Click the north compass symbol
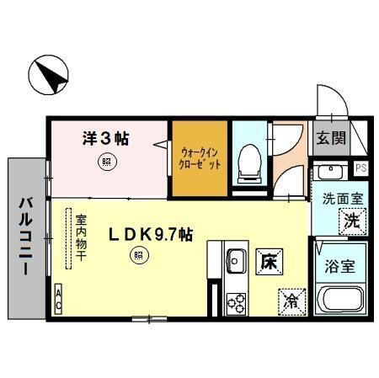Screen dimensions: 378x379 (48, 75)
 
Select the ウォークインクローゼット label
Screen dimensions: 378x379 (200, 159)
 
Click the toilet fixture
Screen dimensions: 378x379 (249, 162)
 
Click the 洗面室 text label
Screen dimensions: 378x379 (343, 200)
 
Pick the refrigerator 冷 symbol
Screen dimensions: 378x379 (291, 299)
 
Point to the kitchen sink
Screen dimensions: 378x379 (234, 260)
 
